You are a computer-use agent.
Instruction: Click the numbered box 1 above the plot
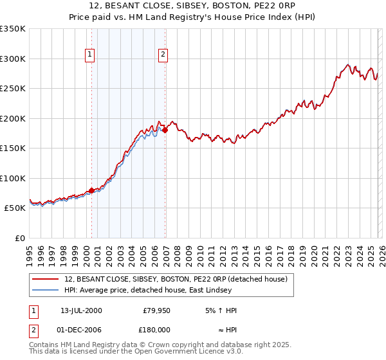[x=89, y=55]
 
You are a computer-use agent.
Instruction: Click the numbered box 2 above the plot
[x=163, y=55]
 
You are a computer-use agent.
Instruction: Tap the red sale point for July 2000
[x=91, y=190]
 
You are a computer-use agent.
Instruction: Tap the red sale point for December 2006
[x=165, y=130]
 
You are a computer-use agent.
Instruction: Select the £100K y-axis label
[x=13, y=178]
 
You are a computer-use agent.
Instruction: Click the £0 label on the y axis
[x=19, y=238]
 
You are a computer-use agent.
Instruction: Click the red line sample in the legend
[x=46, y=278]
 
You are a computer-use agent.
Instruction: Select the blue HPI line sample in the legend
[x=46, y=290]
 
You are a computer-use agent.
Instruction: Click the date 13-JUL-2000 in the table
[x=80, y=310]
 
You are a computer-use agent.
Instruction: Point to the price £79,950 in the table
[x=157, y=310]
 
